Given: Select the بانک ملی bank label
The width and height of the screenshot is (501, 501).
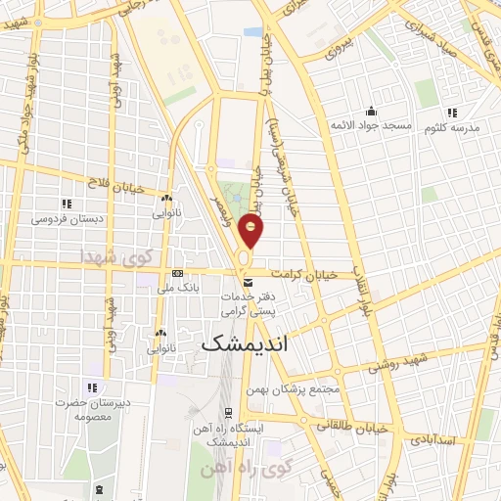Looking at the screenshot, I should (176, 289).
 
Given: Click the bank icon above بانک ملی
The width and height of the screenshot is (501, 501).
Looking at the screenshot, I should (176, 274).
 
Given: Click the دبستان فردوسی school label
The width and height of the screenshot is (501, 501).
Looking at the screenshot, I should (66, 219).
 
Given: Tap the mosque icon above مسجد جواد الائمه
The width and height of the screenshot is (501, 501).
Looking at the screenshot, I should (372, 111).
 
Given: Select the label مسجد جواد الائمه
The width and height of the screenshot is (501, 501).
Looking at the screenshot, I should (372, 126).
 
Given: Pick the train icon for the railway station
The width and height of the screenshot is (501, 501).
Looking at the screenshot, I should (228, 411).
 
